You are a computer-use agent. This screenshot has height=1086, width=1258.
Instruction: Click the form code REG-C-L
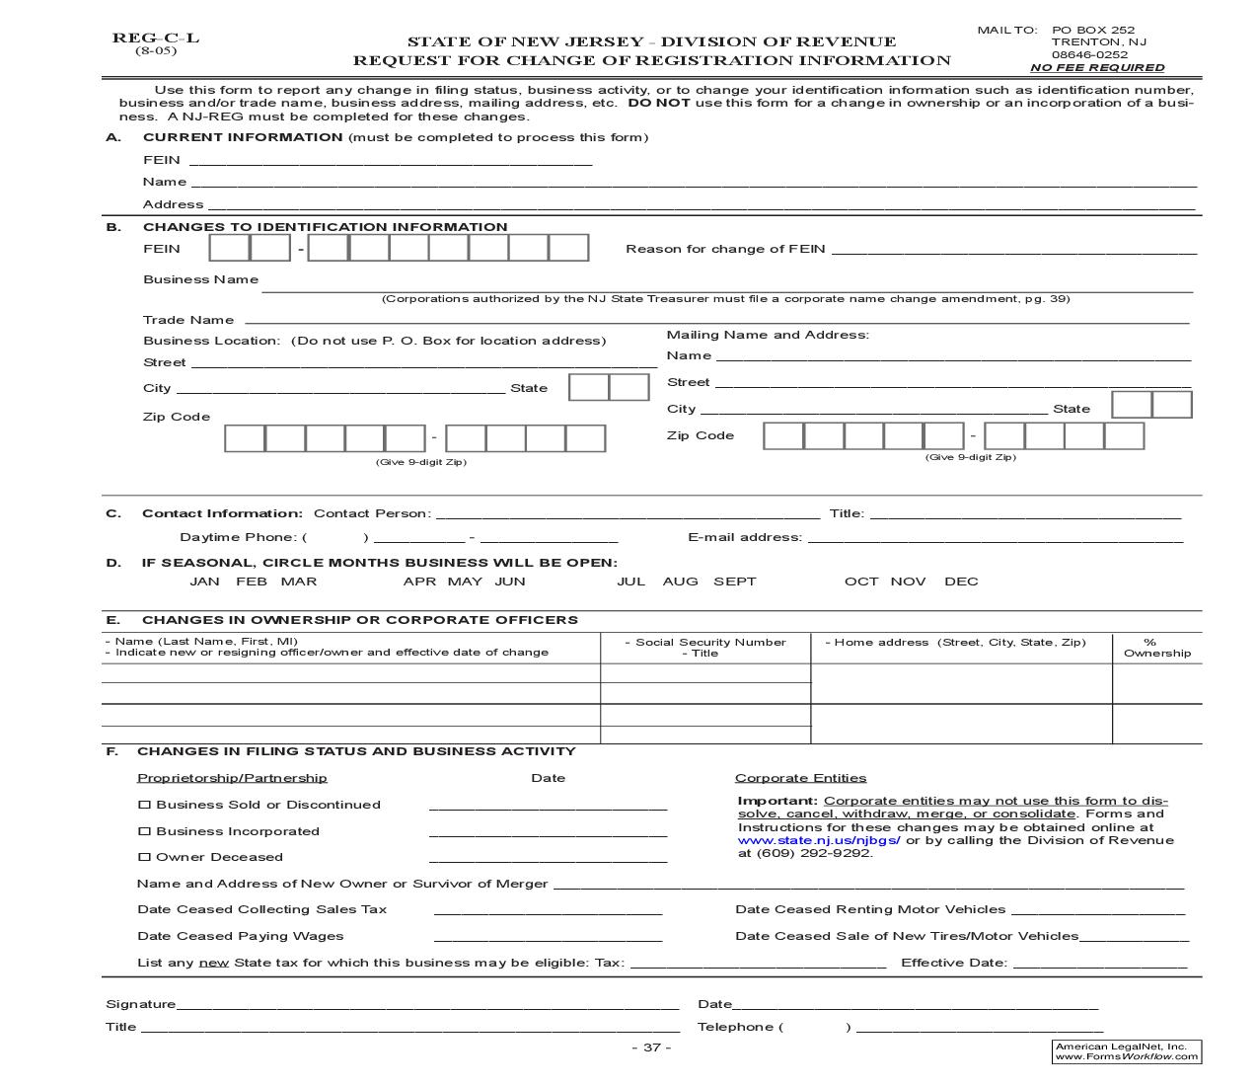(x=155, y=39)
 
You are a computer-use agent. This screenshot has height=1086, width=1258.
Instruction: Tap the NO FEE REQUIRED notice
(x=1097, y=68)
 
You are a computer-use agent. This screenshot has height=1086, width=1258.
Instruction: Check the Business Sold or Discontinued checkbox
(x=144, y=805)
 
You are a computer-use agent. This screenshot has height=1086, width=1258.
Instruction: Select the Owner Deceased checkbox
(x=144, y=857)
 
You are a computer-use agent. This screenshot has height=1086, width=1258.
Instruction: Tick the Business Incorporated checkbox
(x=144, y=831)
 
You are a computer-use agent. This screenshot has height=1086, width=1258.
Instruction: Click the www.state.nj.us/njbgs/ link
(x=819, y=840)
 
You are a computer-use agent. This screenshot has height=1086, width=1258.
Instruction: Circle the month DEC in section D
(x=961, y=582)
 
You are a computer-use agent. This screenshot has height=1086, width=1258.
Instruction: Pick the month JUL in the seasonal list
(x=630, y=582)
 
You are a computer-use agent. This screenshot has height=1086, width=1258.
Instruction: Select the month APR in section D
(x=419, y=582)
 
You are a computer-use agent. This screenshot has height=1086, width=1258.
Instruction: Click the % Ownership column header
(x=1156, y=648)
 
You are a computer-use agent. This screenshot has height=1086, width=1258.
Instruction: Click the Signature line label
(x=140, y=1004)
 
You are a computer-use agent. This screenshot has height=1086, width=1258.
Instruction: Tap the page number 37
(x=651, y=1047)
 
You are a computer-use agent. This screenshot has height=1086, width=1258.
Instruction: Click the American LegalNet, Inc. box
(x=1126, y=1051)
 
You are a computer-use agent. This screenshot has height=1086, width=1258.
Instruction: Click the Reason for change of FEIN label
(x=725, y=249)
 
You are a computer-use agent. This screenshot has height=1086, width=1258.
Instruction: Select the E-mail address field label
(x=744, y=537)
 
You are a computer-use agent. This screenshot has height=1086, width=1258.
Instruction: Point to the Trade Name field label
(x=188, y=320)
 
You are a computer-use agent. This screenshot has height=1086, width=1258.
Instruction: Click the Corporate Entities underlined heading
(x=800, y=778)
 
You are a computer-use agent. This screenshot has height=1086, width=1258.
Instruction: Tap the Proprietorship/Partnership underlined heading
(x=232, y=778)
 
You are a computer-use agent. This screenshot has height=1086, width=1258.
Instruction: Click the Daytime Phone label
(x=238, y=537)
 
